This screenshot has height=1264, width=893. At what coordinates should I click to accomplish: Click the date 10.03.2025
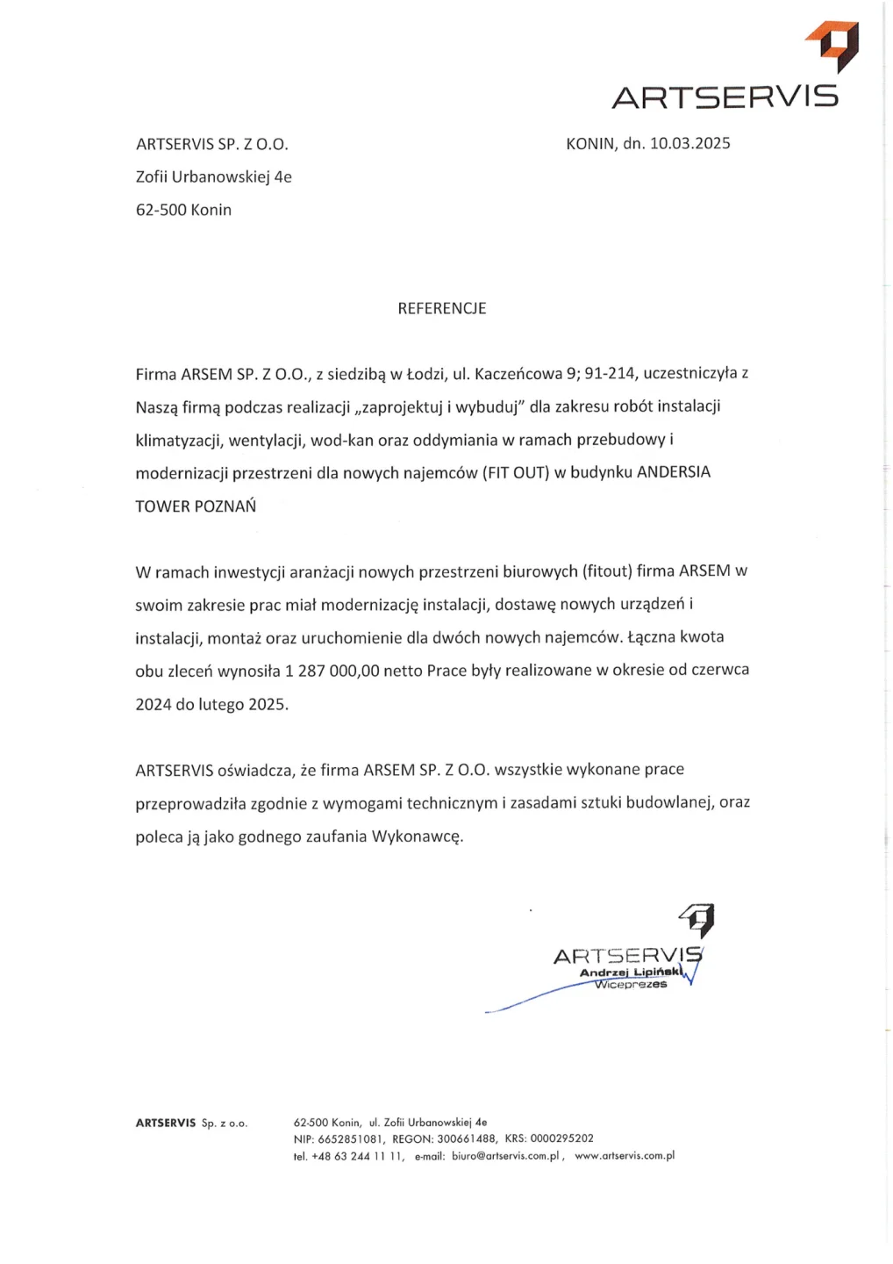tap(689, 144)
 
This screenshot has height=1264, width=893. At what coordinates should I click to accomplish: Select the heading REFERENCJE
tap(442, 309)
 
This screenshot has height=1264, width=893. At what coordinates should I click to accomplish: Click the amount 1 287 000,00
tap(332, 671)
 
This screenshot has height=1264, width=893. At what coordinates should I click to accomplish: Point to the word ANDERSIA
tap(673, 472)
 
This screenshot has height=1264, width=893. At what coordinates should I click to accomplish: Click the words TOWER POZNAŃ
tap(196, 506)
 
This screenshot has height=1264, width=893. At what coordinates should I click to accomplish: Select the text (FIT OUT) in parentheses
tap(516, 473)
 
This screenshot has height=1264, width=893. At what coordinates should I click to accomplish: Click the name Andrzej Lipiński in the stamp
tap(629, 973)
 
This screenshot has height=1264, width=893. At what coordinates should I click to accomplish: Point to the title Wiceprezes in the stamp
tap(631, 985)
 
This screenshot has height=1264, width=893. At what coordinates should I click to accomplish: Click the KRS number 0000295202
tap(561, 1139)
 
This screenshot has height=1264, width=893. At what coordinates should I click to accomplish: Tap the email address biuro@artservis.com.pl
tap(505, 1157)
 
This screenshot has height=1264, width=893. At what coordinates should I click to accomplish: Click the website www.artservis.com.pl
tap(625, 1157)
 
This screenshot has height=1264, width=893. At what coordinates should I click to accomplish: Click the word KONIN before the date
tap(590, 144)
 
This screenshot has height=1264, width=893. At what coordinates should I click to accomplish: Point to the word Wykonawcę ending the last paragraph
tap(417, 837)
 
